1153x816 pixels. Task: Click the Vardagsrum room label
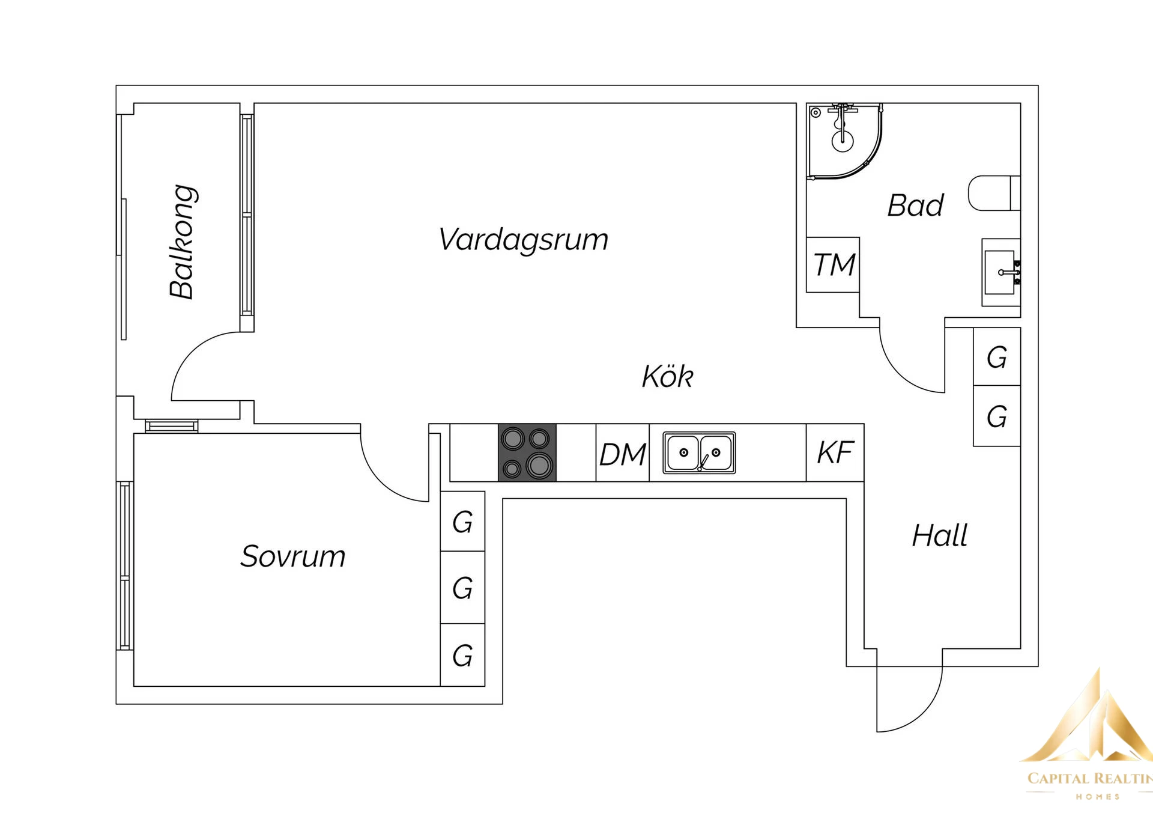tap(523, 240)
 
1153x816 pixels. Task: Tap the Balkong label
tap(182, 242)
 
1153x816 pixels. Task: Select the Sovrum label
tap(292, 556)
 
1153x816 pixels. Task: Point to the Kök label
tap(667, 377)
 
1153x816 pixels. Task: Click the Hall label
tap(939, 535)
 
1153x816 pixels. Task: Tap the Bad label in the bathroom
tap(915, 206)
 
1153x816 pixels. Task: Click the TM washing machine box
tap(833, 265)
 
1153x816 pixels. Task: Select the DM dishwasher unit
tap(623, 454)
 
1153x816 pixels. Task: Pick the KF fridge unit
tap(835, 452)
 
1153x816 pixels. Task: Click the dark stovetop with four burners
tap(527, 453)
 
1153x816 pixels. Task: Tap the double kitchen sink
tap(699, 452)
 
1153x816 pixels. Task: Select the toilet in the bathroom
tap(994, 193)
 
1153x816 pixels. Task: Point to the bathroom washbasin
tap(1000, 272)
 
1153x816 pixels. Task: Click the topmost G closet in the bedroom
tap(462, 522)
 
